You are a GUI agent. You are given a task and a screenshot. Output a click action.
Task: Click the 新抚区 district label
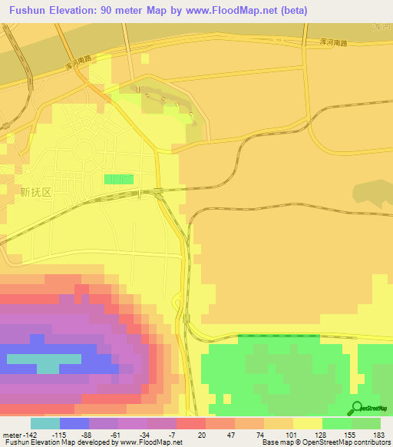(35, 193)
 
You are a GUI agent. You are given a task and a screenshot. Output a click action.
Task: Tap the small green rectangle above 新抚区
(118, 179)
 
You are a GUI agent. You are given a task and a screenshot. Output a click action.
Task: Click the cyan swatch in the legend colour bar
(45, 423)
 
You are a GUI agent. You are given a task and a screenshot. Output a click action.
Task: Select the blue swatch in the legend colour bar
(74, 423)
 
